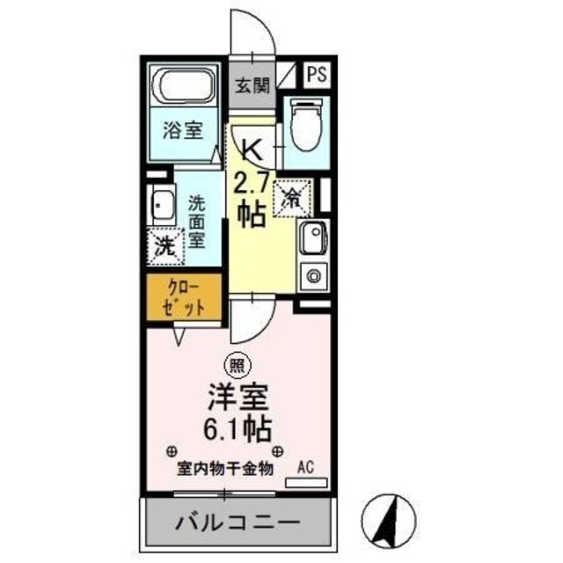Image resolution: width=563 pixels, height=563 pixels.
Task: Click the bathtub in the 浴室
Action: [x=185, y=87]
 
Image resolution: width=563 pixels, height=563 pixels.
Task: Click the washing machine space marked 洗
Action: [x=165, y=245]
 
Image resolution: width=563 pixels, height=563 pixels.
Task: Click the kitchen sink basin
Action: [x=312, y=238]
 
